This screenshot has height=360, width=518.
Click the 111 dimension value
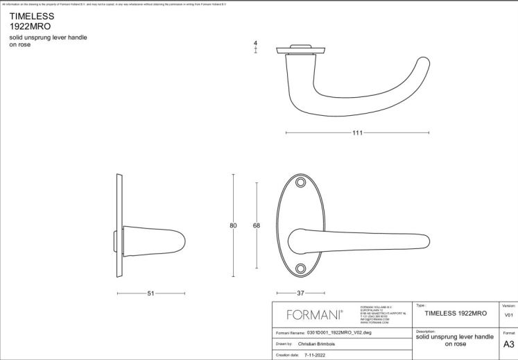tap(357, 132)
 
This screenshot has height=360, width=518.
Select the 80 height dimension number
tap(234, 225)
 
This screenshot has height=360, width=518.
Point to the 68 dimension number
tap(256, 225)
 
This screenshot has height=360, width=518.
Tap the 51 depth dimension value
tap(150, 293)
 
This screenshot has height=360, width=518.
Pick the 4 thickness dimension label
tap(256, 44)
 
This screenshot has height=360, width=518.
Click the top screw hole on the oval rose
tap(301, 182)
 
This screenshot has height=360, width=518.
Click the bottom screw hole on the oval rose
tap(301, 268)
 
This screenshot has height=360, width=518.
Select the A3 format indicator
tap(508, 343)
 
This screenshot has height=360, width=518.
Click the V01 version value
tap(508, 315)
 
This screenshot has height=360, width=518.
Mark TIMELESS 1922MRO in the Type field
tap(456, 314)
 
